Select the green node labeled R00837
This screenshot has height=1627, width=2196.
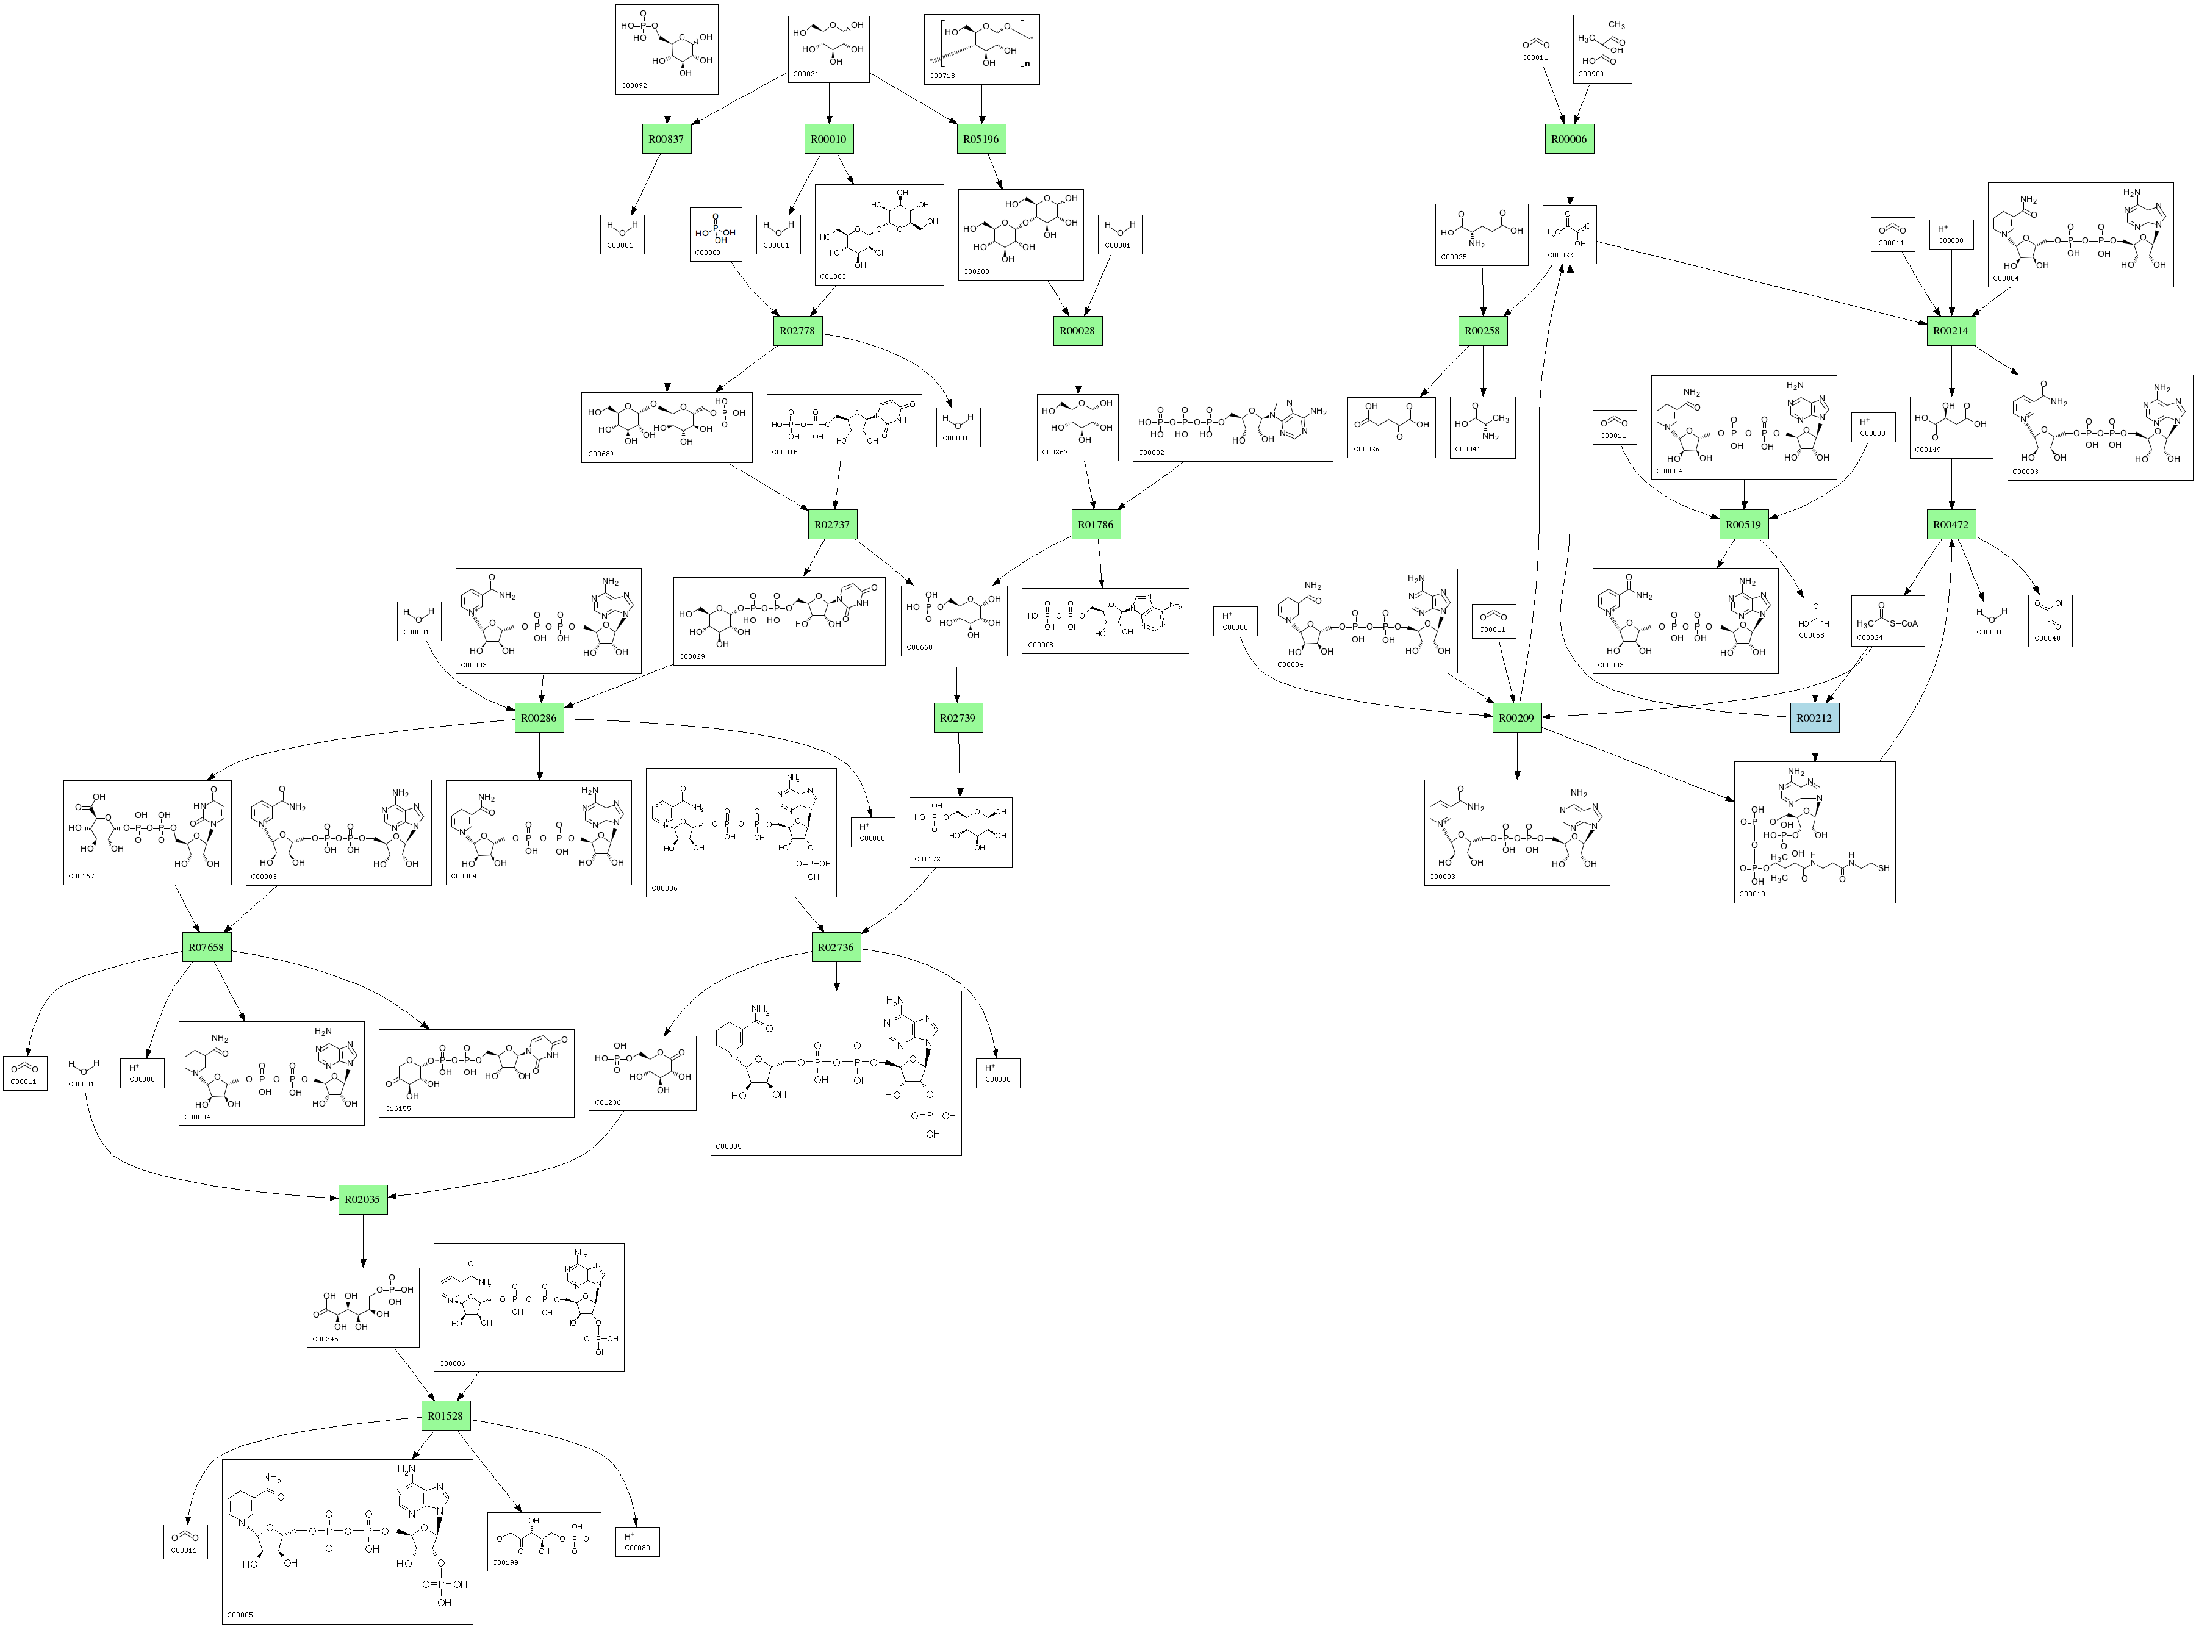[667, 139]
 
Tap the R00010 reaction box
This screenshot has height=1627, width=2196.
[828, 139]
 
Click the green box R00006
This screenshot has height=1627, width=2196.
[1569, 139]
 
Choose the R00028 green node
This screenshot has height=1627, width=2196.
[1077, 331]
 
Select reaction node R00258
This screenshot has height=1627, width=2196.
[1482, 331]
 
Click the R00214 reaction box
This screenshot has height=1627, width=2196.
[1951, 331]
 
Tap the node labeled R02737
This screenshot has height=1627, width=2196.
[832, 525]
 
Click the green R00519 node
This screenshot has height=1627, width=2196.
[1744, 525]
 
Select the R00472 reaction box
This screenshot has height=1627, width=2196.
[1951, 525]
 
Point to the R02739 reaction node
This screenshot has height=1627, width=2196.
[957, 718]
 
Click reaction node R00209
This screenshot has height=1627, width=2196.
[1516, 718]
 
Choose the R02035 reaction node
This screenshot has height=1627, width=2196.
[362, 1199]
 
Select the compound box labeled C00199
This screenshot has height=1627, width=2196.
[544, 1542]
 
